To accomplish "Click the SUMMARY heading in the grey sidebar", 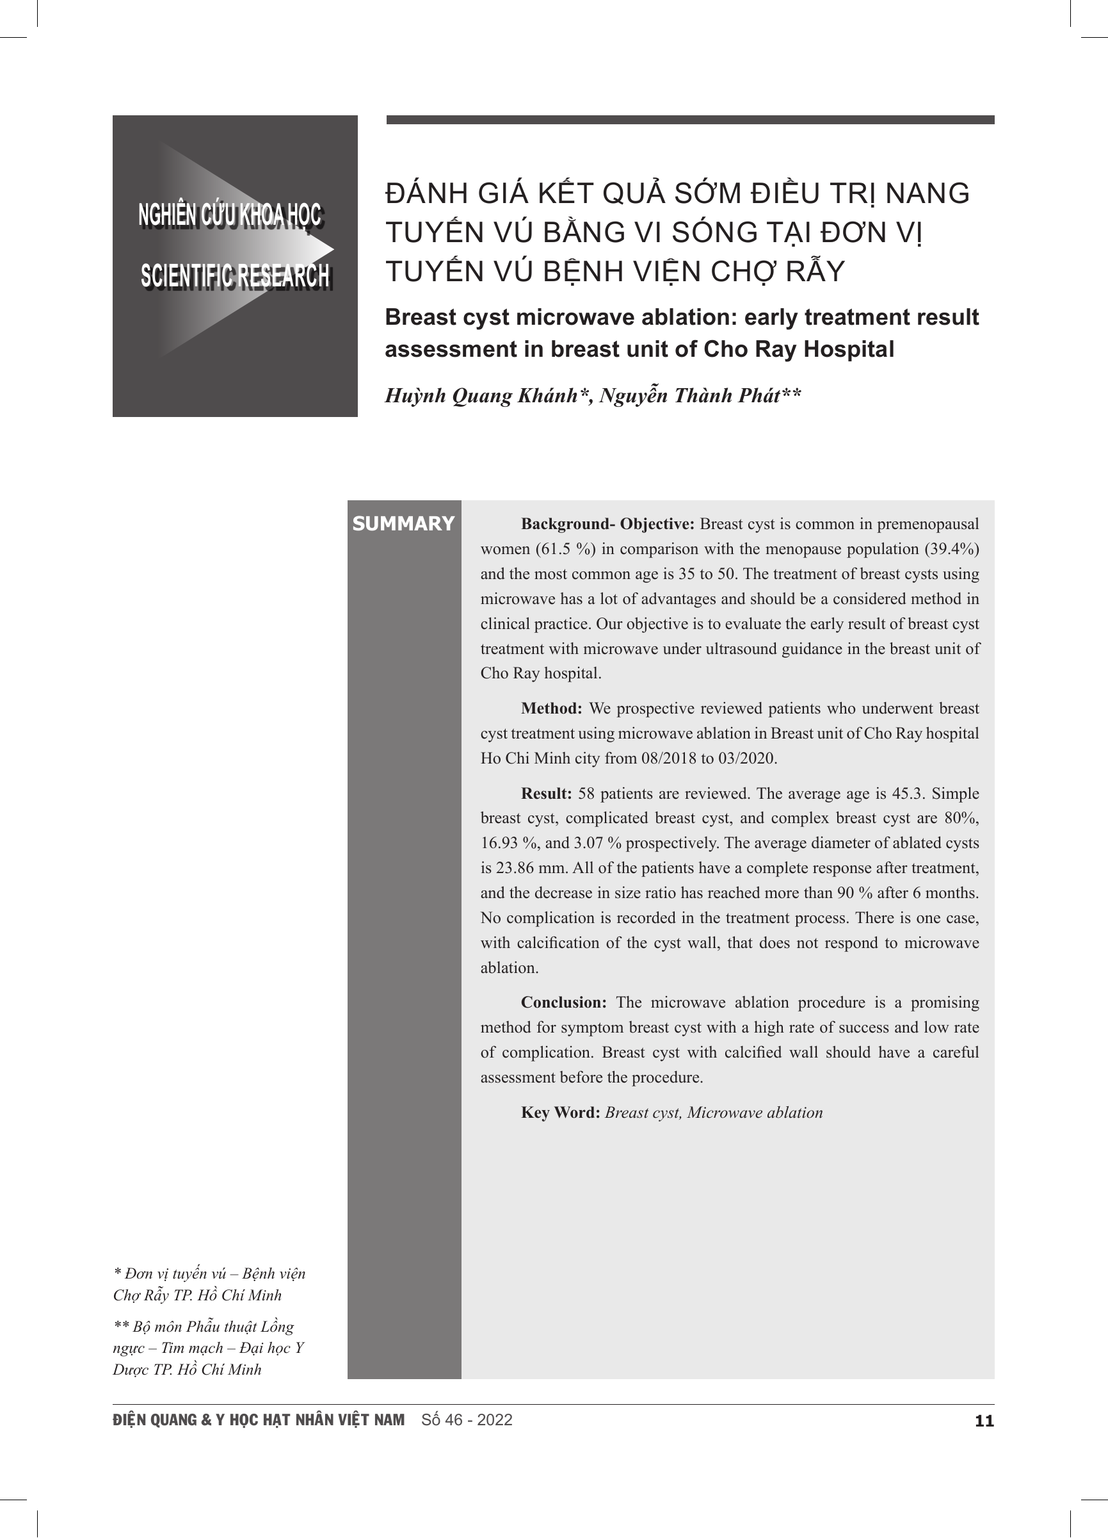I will (403, 523).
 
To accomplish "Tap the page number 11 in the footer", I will (984, 1421).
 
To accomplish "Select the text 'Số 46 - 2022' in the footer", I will (467, 1420).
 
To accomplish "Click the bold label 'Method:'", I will (552, 708).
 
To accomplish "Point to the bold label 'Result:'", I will (546, 794).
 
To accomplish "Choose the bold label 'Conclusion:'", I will (564, 1002).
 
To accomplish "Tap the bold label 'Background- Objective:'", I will (608, 524).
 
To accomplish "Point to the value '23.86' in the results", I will (518, 868).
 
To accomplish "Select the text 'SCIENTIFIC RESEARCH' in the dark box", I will (234, 276).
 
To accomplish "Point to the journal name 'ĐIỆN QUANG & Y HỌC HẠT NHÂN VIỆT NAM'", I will (259, 1420).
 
